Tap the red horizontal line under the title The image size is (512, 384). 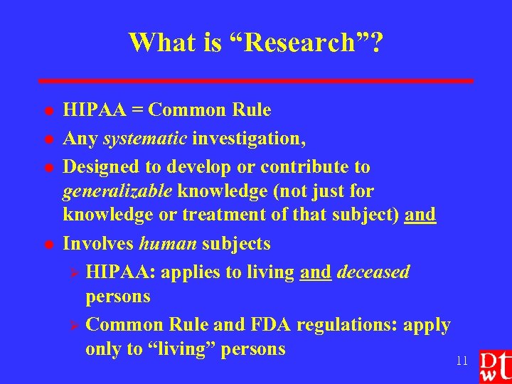coord(256,81)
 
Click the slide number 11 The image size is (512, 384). coord(462,361)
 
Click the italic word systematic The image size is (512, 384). coord(145,139)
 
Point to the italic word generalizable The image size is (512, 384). coord(117,191)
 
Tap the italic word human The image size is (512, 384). coord(168,244)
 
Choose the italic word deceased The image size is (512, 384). coord(373,272)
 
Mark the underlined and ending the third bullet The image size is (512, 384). coord(420,215)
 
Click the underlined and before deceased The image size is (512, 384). coord(315,272)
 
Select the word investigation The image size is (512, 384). coord(248,139)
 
